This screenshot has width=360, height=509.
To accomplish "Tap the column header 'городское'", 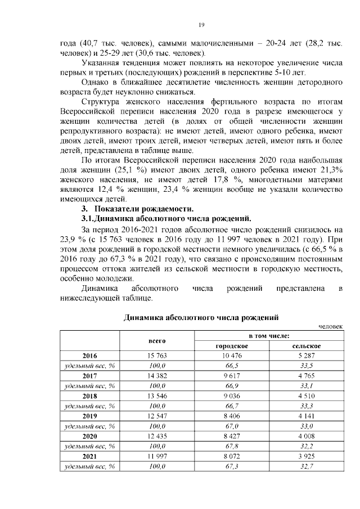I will click(232, 345).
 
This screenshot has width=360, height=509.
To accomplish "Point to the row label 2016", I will click(89, 355).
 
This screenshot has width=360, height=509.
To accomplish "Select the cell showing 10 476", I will click(232, 355).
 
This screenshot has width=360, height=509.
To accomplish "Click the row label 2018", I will click(89, 396).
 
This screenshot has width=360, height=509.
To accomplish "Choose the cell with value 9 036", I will click(232, 396).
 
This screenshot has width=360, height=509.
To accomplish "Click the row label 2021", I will click(89, 456).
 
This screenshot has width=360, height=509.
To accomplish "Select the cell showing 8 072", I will click(232, 456).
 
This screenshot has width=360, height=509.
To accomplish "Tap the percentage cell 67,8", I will click(232, 446).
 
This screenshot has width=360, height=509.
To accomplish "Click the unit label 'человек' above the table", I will click(330, 326).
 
